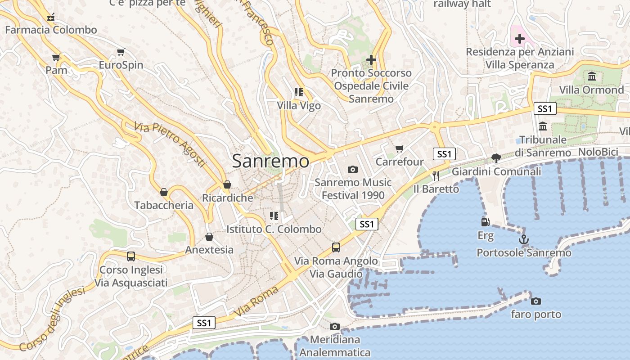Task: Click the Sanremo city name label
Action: [x=270, y=161]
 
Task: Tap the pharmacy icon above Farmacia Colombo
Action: [x=51, y=18]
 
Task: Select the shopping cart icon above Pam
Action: [x=56, y=58]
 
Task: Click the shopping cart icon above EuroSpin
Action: [x=121, y=52]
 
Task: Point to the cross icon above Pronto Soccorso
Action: [x=371, y=60]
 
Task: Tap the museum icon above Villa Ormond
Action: [x=591, y=76]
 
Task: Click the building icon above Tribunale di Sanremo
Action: [x=543, y=126]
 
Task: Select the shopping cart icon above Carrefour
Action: [x=399, y=148]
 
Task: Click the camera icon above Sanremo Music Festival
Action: [x=353, y=170]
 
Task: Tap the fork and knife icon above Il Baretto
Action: [x=436, y=176]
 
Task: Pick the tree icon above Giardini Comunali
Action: [x=496, y=158]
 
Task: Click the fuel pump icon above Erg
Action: [x=485, y=222]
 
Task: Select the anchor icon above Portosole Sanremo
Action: [x=523, y=239]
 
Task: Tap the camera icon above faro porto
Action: [x=536, y=301]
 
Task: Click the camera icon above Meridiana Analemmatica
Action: [x=334, y=326]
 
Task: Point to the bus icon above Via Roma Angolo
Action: [x=336, y=247]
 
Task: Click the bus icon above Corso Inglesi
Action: [x=130, y=256]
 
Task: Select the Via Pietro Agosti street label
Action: [x=170, y=144]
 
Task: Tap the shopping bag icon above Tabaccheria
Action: [x=164, y=192]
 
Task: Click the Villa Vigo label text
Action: [x=299, y=106]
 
